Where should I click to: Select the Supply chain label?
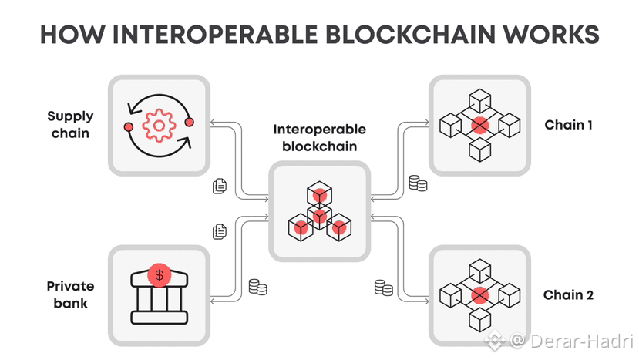click(x=70, y=124)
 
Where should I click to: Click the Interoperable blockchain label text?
click(x=318, y=138)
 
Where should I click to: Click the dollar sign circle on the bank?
click(x=159, y=274)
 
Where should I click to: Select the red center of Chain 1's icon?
click(x=479, y=124)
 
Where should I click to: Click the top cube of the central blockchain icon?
click(x=318, y=193)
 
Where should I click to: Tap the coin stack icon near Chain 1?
click(x=417, y=183)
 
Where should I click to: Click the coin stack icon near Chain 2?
click(x=383, y=288)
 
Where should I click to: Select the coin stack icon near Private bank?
click(x=257, y=288)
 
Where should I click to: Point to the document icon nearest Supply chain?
click(x=220, y=185)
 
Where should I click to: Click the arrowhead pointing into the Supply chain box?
click(x=217, y=122)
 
